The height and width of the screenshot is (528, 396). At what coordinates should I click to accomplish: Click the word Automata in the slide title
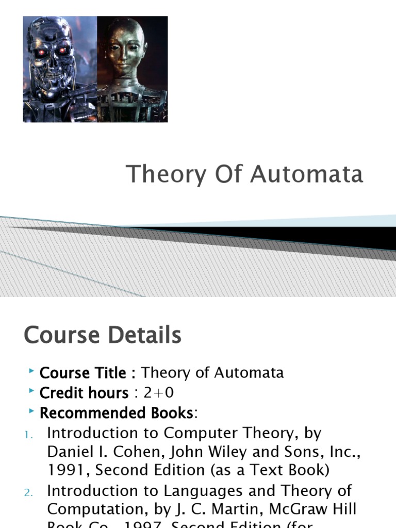point(307,174)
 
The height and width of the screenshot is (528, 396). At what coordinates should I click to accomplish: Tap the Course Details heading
point(103,335)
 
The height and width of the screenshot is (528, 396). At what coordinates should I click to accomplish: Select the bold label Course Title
point(82,373)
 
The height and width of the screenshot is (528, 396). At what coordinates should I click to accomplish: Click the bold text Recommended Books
point(116,413)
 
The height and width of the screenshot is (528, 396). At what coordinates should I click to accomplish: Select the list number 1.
point(29,436)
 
